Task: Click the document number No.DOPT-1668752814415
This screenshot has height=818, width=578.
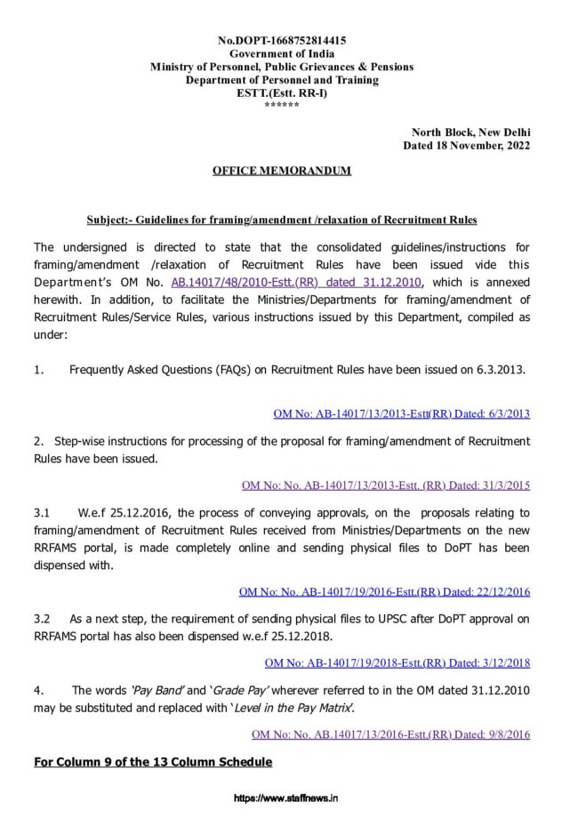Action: click(282, 41)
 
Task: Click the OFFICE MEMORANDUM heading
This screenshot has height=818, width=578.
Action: click(281, 171)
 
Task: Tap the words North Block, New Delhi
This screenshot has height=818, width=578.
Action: click(470, 132)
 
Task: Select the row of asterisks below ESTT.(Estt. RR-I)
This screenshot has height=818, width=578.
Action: click(282, 106)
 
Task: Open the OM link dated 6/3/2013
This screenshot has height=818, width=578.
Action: click(401, 413)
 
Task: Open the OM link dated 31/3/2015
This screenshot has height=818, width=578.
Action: click(386, 485)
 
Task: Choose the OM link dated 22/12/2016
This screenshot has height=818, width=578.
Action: click(384, 591)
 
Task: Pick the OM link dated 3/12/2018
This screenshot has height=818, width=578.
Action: click(397, 662)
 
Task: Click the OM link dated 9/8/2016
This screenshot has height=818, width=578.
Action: click(390, 734)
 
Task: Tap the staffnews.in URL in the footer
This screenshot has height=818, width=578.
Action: click(285, 799)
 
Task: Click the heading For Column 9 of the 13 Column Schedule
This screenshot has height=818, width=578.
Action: click(153, 762)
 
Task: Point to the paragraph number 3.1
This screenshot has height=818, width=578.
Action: click(42, 513)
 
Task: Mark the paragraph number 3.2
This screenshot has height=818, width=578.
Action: click(42, 618)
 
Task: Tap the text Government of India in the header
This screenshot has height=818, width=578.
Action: click(282, 54)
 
